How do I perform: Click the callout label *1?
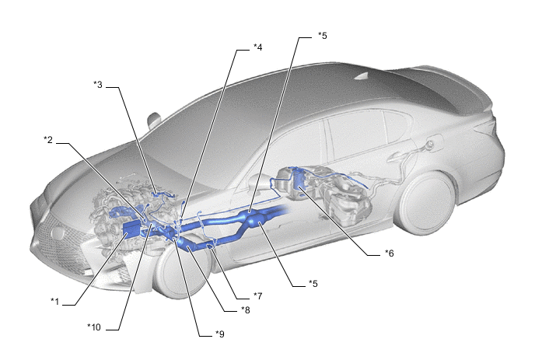(x=55, y=302)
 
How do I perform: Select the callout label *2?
(x=48, y=139)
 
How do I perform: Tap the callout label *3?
(x=98, y=84)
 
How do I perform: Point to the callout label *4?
(x=258, y=47)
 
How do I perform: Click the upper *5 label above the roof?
(x=323, y=36)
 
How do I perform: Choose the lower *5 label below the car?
(x=313, y=284)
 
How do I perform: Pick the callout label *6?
(x=390, y=253)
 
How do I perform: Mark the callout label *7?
(x=258, y=295)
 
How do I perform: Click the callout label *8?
(x=246, y=309)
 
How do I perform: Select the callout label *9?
(x=220, y=334)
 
